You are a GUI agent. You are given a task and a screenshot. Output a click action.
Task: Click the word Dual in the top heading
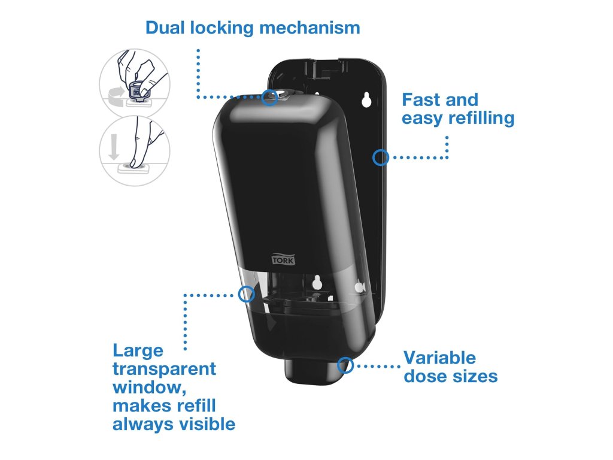click(x=165, y=28)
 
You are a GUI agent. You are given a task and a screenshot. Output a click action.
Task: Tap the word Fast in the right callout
click(x=420, y=99)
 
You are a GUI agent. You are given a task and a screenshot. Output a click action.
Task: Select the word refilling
click(x=481, y=118)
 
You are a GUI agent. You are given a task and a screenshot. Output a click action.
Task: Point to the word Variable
click(x=439, y=358)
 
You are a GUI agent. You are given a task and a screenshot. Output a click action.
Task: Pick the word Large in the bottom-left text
click(x=138, y=350)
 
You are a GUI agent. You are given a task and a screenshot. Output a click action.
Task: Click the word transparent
click(x=164, y=369)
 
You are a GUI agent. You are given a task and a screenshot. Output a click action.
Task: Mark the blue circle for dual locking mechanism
click(x=270, y=97)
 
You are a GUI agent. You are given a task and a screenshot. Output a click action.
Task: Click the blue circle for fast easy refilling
click(x=380, y=158)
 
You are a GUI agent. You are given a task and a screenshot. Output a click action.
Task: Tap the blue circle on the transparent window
click(x=246, y=294)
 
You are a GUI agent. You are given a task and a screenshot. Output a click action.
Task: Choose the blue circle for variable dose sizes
click(x=346, y=365)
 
